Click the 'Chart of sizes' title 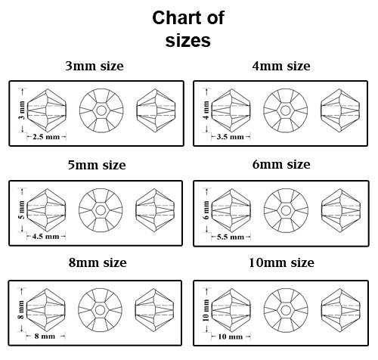tap(188, 29)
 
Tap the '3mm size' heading tap(94, 66)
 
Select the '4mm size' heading tap(281, 66)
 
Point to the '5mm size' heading tap(97, 165)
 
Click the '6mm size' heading tap(281, 164)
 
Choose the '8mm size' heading tap(98, 262)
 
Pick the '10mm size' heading tap(281, 262)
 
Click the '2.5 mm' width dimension tap(46, 137)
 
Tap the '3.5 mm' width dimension tap(231, 137)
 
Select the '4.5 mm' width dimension tap(45, 237)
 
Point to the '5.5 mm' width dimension tap(231, 237)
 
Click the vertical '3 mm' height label tap(22, 110)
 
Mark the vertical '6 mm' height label tap(206, 210)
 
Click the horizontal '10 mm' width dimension tap(231, 337)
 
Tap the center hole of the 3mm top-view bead tap(101, 110)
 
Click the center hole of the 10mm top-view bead tap(286, 310)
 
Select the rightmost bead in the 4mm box tap(340, 110)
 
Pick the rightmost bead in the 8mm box tap(154, 310)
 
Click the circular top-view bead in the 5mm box tap(101, 210)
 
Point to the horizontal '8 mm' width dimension tap(45, 337)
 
